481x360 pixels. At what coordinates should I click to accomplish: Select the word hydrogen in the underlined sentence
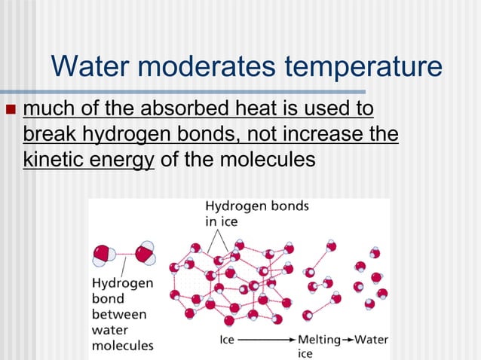click(x=125, y=136)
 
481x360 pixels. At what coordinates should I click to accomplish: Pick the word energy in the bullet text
click(x=124, y=161)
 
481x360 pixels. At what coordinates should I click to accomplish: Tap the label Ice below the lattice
click(x=226, y=340)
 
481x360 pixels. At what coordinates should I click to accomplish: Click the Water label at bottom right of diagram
click(x=371, y=340)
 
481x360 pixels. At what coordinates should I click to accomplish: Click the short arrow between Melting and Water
click(x=348, y=340)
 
